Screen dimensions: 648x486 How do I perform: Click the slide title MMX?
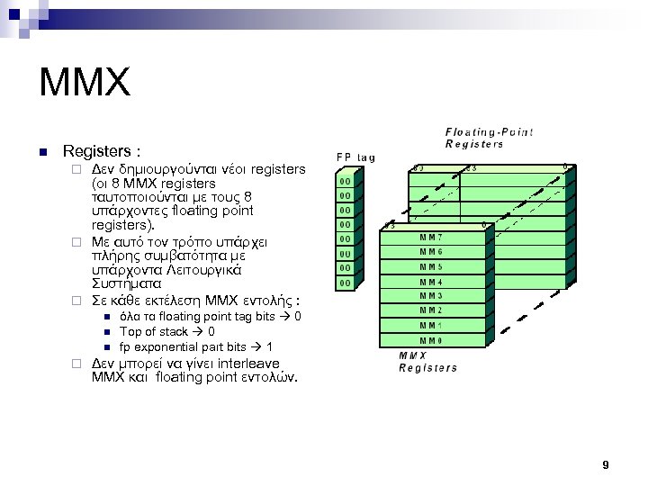click(85, 84)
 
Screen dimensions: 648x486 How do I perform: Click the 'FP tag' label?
click(355, 157)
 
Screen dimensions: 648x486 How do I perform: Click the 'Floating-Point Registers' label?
click(489, 138)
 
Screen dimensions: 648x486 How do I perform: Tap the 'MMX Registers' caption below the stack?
click(427, 361)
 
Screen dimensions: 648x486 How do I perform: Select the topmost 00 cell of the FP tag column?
click(345, 181)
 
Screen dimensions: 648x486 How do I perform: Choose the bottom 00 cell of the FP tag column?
click(345, 283)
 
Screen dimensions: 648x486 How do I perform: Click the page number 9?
click(606, 464)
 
